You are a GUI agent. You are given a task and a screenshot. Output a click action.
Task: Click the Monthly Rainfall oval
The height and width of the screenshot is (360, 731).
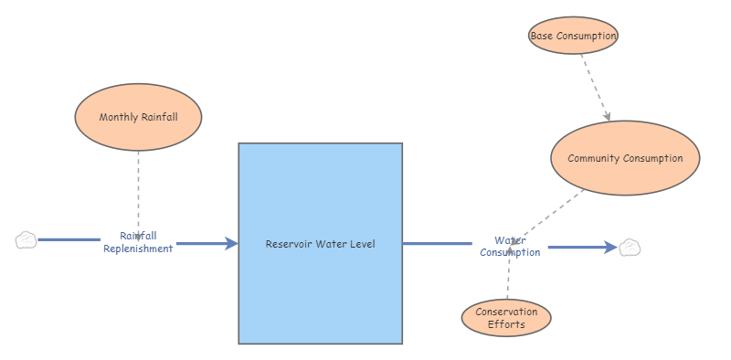click(x=138, y=117)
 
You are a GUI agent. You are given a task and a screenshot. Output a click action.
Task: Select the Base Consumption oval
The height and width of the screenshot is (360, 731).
click(x=574, y=36)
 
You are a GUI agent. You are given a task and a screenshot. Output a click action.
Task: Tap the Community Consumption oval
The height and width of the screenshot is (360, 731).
click(x=625, y=158)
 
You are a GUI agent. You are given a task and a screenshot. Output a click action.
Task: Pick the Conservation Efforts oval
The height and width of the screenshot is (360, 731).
click(x=506, y=318)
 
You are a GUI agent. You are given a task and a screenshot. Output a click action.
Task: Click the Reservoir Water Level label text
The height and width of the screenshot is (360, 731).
click(x=320, y=243)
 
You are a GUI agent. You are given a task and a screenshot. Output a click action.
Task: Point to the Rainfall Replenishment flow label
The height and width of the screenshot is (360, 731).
click(x=138, y=242)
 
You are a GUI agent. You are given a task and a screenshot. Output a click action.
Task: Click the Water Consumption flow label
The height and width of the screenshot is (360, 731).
click(x=510, y=246)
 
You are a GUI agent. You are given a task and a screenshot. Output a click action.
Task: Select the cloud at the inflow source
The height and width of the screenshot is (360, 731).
click(x=26, y=240)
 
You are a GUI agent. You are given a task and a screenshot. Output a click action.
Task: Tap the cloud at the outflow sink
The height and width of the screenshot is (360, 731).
click(x=630, y=247)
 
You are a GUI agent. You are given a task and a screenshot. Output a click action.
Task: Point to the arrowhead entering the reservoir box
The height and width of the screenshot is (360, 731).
click(x=232, y=243)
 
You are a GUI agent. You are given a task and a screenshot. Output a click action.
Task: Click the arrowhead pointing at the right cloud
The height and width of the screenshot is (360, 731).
click(x=611, y=247)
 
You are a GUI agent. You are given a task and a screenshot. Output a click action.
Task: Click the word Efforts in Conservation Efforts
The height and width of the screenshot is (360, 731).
click(x=506, y=324)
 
